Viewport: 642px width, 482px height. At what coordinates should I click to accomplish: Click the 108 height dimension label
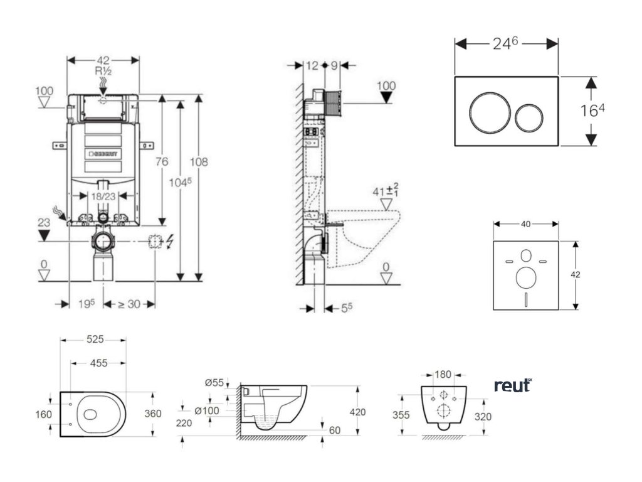[x=199, y=161]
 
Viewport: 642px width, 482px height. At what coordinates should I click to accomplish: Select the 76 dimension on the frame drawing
[x=162, y=161]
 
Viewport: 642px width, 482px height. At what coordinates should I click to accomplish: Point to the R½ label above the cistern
[x=103, y=71]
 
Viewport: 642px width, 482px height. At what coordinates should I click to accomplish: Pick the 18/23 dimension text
[x=104, y=196]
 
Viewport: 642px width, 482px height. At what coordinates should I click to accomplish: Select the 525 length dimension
[x=95, y=340]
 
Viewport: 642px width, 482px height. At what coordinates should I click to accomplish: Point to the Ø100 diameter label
[x=206, y=410]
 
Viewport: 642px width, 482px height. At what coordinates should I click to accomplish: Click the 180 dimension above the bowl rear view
[x=443, y=375]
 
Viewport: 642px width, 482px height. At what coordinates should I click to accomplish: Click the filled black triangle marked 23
[x=44, y=235]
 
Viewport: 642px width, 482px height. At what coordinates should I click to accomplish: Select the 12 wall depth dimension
[x=311, y=65]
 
